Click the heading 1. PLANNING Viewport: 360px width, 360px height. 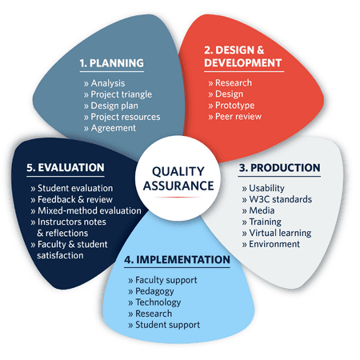click(x=111, y=63)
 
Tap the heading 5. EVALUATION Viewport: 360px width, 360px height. click(x=66, y=167)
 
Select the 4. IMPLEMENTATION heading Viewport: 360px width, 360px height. click(x=177, y=259)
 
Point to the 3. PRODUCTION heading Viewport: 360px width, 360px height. click(x=279, y=168)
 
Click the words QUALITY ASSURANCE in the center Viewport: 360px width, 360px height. click(x=178, y=178)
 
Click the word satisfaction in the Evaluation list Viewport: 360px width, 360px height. click(x=60, y=255)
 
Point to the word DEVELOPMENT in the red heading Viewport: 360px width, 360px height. click(x=243, y=63)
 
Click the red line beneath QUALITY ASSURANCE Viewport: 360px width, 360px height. click(x=178, y=198)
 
